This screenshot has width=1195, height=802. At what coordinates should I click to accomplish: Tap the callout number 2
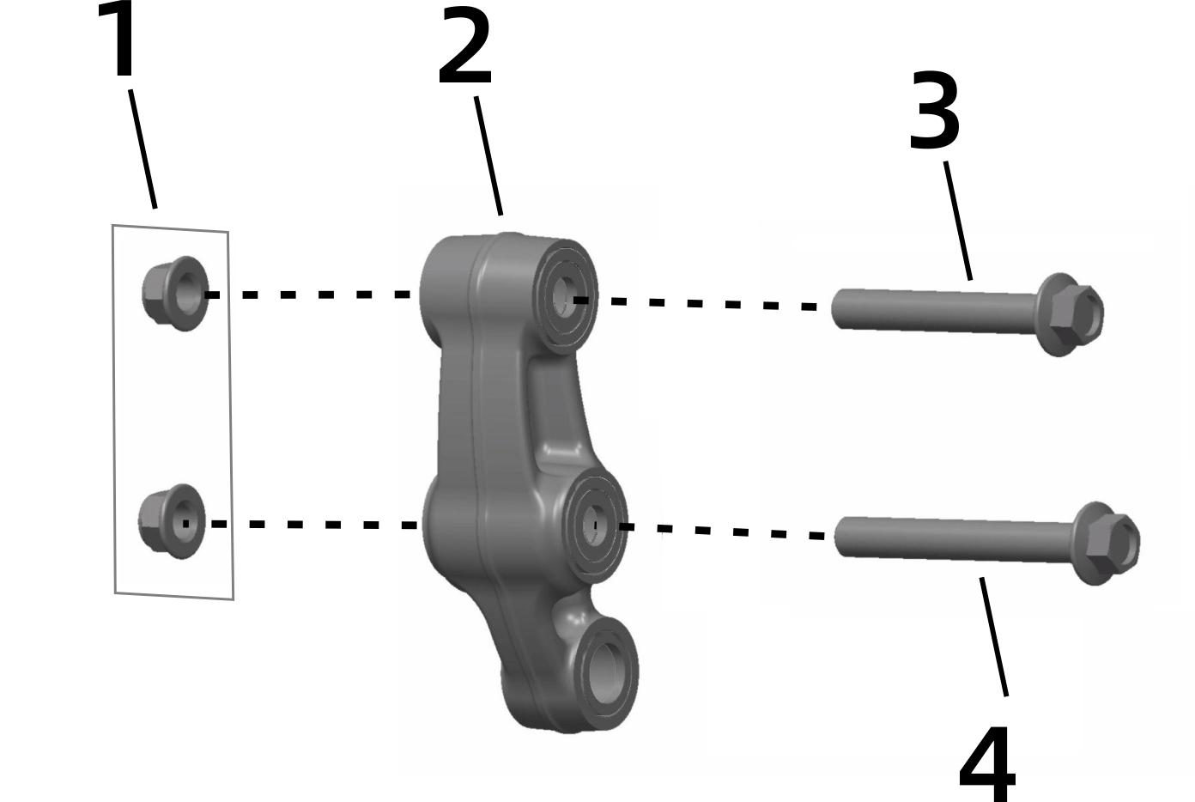point(464,46)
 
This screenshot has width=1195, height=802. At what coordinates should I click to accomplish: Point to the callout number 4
point(987,764)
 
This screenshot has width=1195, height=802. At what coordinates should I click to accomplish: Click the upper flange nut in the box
point(175,294)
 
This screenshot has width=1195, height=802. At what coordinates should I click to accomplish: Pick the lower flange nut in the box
point(172,521)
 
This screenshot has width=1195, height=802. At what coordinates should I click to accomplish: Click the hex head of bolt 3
point(1071,315)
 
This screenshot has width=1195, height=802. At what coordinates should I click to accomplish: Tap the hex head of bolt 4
point(1107,544)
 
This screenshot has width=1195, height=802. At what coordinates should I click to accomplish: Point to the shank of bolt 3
point(935,311)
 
